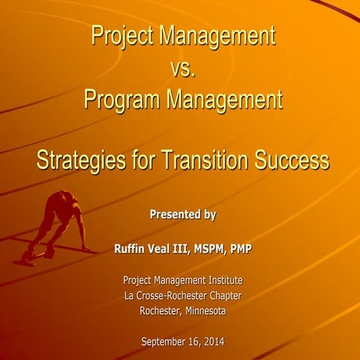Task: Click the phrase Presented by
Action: point(182,214)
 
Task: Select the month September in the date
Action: point(165,343)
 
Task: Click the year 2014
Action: point(212,343)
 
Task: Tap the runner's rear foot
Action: point(24,259)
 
